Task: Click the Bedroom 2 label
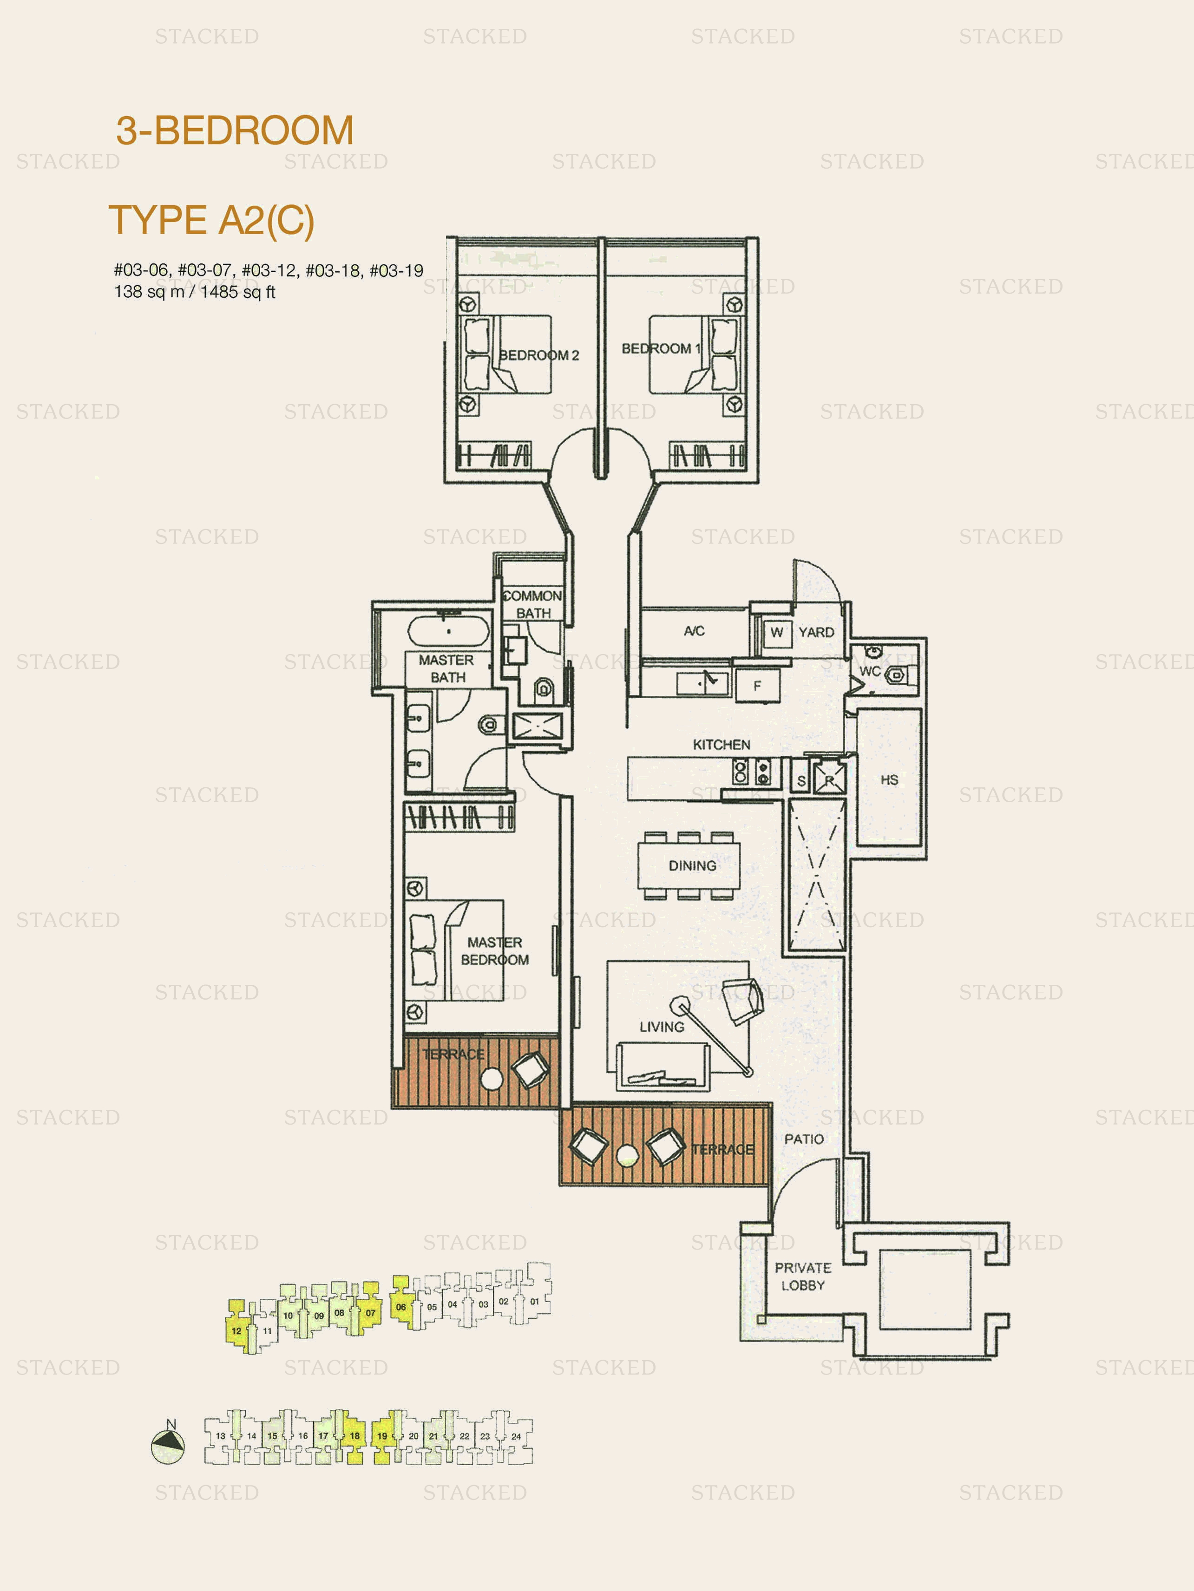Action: (539, 355)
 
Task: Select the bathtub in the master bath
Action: (448, 631)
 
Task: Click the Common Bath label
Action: (532, 604)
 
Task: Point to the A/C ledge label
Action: (694, 631)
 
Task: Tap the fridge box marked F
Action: (757, 686)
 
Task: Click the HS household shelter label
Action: (889, 779)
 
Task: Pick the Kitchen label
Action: (722, 745)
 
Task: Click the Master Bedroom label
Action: (495, 951)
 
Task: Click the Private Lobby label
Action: (803, 1276)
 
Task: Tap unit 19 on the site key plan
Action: (382, 1436)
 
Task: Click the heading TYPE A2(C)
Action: (211, 220)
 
